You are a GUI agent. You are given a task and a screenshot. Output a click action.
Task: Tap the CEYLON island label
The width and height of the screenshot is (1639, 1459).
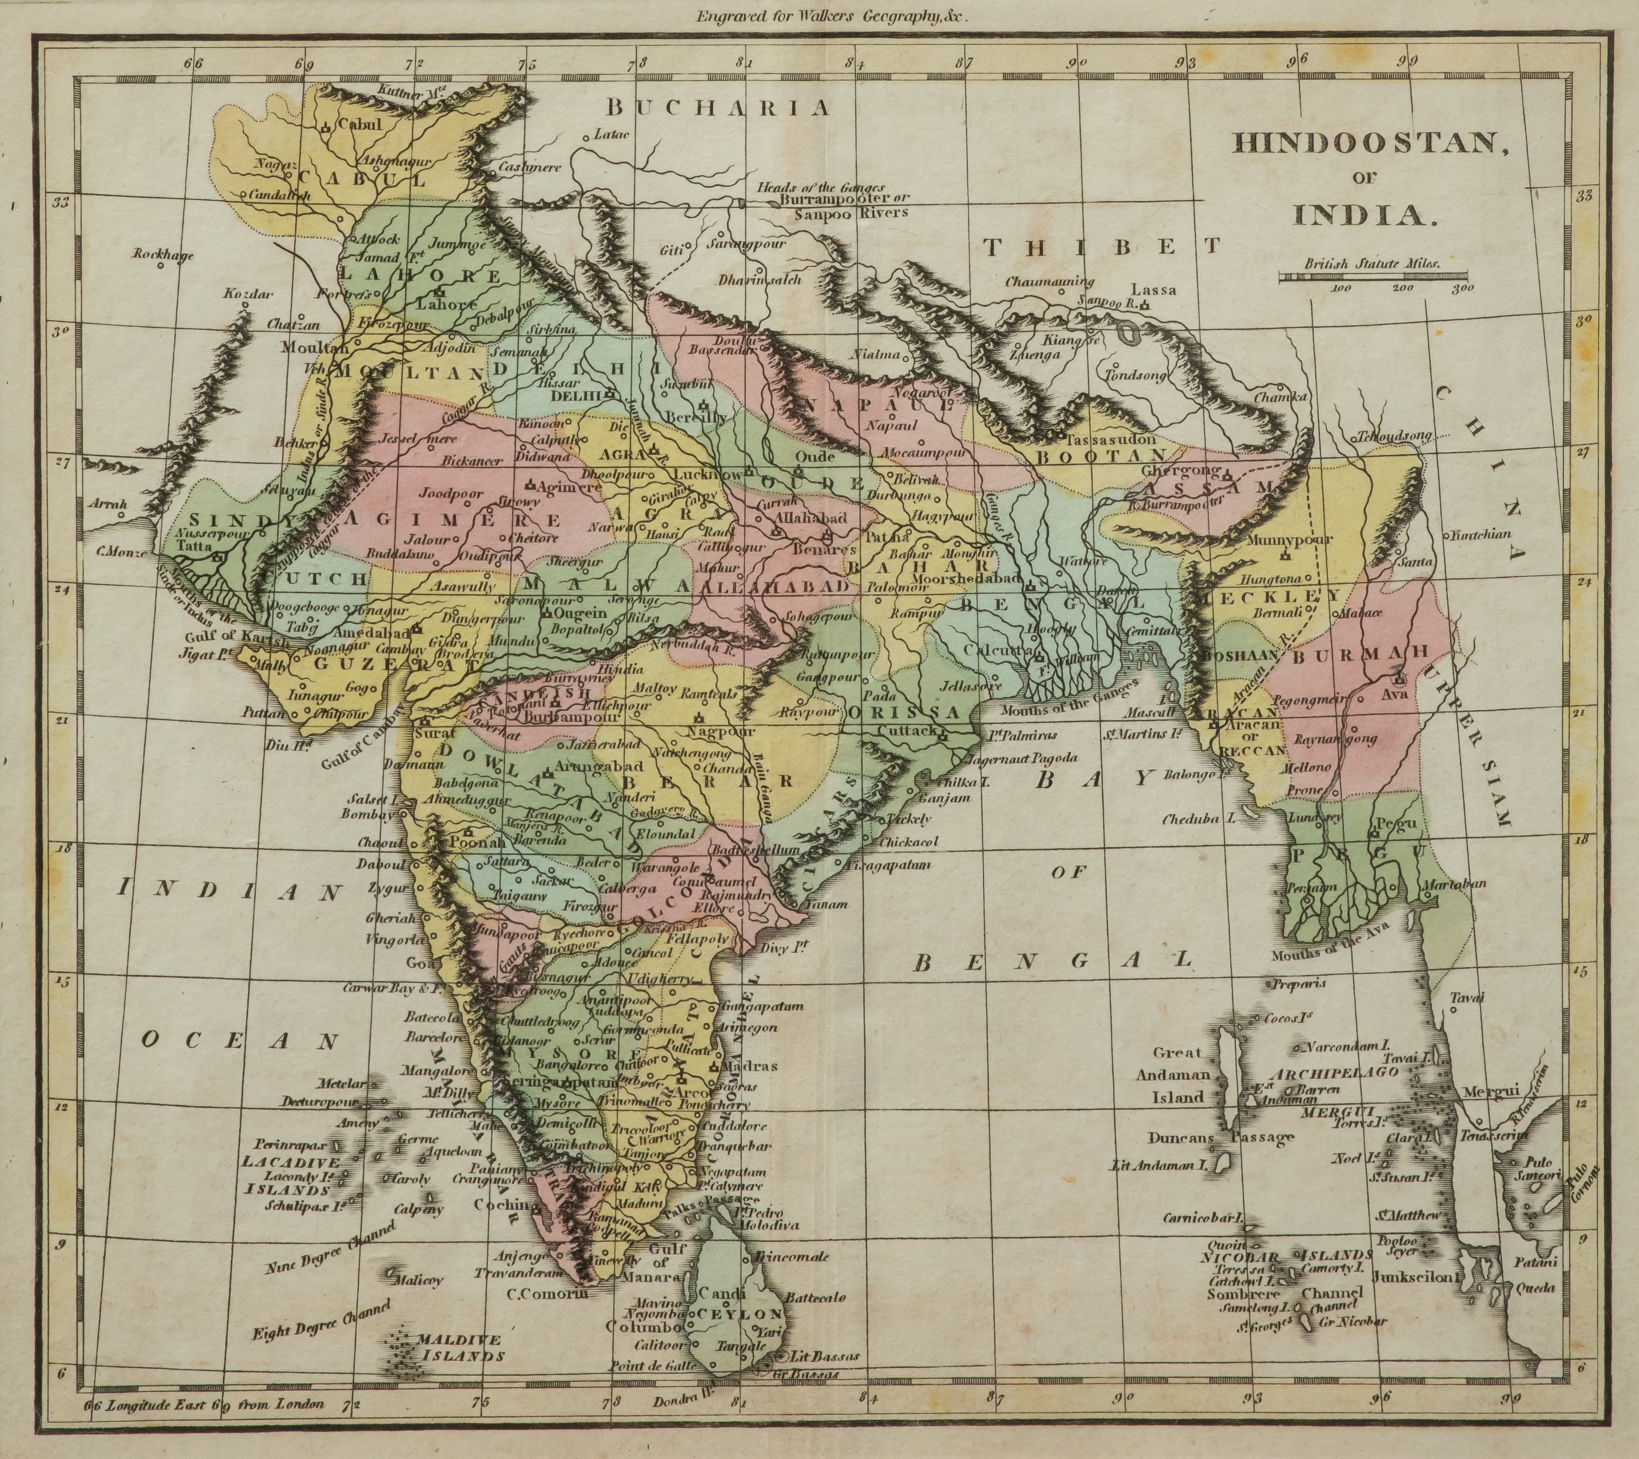tap(739, 1314)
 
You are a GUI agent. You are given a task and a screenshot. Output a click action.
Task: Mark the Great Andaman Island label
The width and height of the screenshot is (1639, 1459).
tap(1178, 1075)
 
